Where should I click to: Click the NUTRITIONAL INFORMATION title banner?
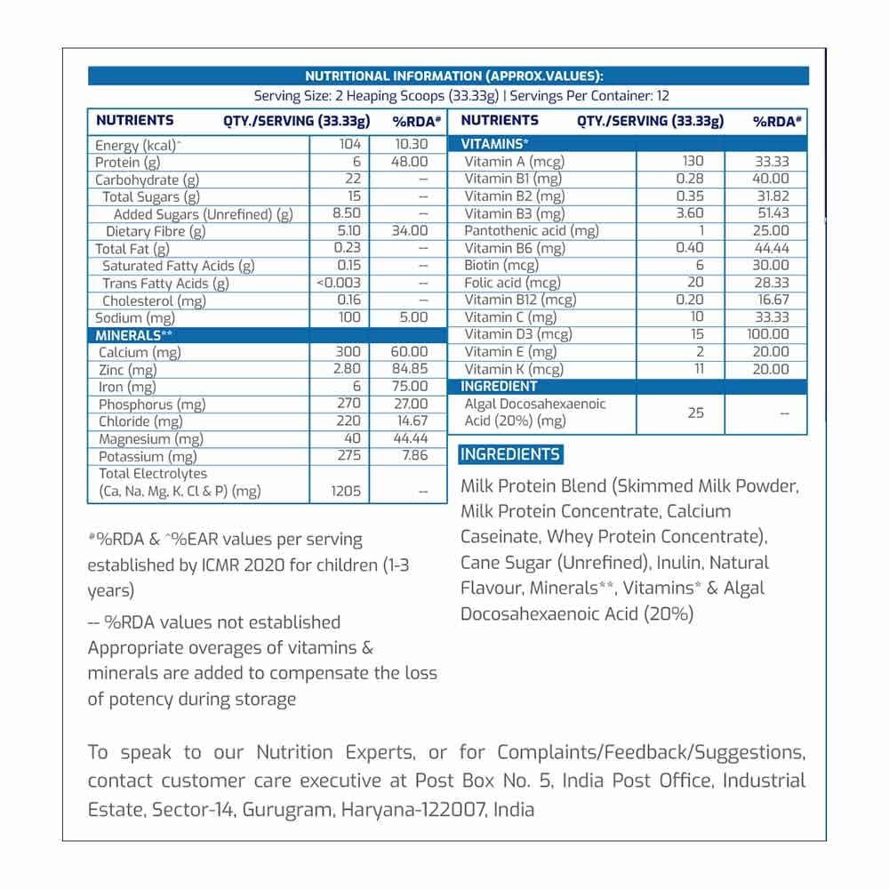[448, 76]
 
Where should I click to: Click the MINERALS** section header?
[129, 335]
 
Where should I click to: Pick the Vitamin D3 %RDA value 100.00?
[767, 334]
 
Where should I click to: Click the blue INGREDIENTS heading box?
[509, 455]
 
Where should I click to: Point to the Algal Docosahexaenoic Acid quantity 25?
[695, 412]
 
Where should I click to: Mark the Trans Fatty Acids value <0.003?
[339, 284]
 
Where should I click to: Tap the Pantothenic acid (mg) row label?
[532, 231]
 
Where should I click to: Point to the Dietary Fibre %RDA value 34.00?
[408, 231]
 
